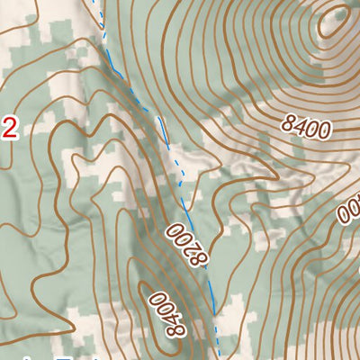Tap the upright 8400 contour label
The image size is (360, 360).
305,126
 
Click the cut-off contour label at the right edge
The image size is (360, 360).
349,212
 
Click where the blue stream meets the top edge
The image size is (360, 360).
94,2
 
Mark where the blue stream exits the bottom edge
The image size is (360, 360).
216,357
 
